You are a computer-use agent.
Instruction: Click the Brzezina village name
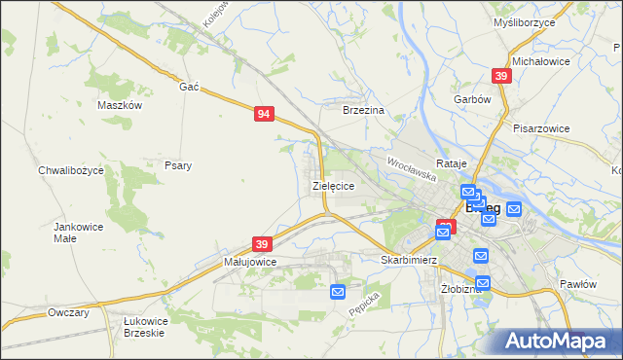point(365,111)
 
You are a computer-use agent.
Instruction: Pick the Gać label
point(189,87)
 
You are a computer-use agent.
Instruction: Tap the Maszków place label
point(121,105)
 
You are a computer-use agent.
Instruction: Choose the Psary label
point(178,165)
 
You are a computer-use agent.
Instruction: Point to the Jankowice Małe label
point(78,232)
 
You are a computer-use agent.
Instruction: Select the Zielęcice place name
point(332,185)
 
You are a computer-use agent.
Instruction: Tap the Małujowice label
point(251,262)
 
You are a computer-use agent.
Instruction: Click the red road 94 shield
point(264,114)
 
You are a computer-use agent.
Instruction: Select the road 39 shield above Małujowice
point(262,243)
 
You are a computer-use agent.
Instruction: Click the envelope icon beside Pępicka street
point(338,291)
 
